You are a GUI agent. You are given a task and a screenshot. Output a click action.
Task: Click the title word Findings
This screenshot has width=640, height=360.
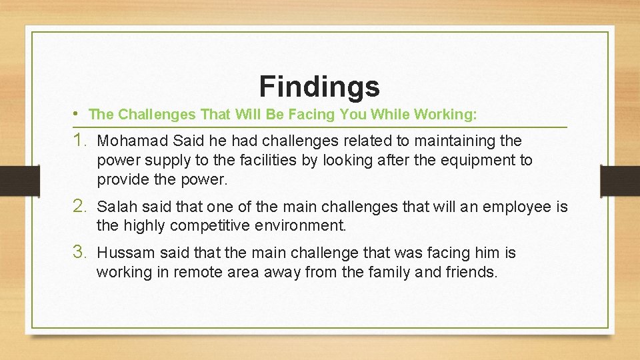(x=319, y=86)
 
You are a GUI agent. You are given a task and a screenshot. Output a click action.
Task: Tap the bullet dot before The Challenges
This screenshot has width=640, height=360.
(x=79, y=114)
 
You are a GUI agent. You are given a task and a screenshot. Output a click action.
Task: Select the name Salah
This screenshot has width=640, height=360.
(x=115, y=207)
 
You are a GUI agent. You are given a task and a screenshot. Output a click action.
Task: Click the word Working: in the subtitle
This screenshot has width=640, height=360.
(x=445, y=115)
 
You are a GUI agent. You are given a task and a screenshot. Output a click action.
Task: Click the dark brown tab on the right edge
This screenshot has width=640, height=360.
(x=620, y=181)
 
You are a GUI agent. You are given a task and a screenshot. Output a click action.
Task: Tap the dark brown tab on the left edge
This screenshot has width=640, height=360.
(x=12, y=181)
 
